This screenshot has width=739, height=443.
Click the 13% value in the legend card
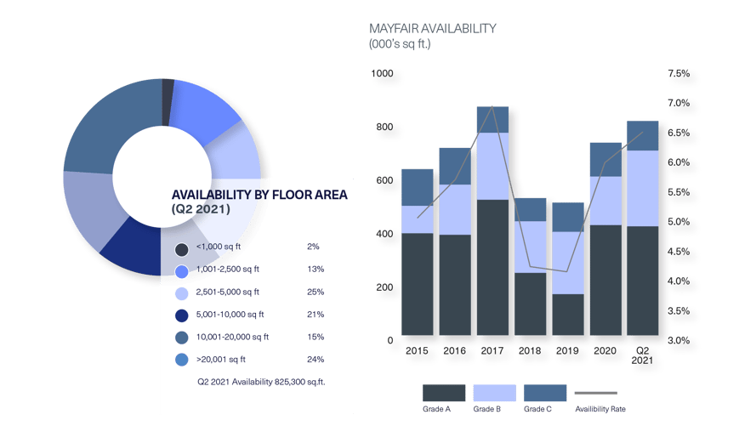pyautogui.click(x=315, y=270)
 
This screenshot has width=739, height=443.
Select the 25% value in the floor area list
pyautogui.click(x=315, y=292)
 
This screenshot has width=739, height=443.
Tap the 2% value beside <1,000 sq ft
pyautogui.click(x=313, y=247)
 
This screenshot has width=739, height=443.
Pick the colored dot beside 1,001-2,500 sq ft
pyautogui.click(x=181, y=271)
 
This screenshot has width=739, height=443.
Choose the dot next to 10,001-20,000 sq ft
pyautogui.click(x=181, y=338)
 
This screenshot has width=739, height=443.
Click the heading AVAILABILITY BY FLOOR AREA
pyautogui.click(x=259, y=195)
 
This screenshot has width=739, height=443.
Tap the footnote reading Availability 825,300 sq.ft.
pyautogui.click(x=261, y=383)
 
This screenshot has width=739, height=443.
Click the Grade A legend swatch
pyautogui.click(x=444, y=393)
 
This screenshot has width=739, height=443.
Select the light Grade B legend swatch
pyautogui.click(x=494, y=393)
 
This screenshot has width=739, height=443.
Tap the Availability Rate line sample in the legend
pyautogui.click(x=596, y=393)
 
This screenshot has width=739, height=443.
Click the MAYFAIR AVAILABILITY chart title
pyautogui.click(x=432, y=28)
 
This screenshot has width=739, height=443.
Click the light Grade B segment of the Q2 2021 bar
pyautogui.click(x=643, y=188)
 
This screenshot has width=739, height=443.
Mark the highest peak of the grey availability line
pyautogui.click(x=492, y=108)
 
